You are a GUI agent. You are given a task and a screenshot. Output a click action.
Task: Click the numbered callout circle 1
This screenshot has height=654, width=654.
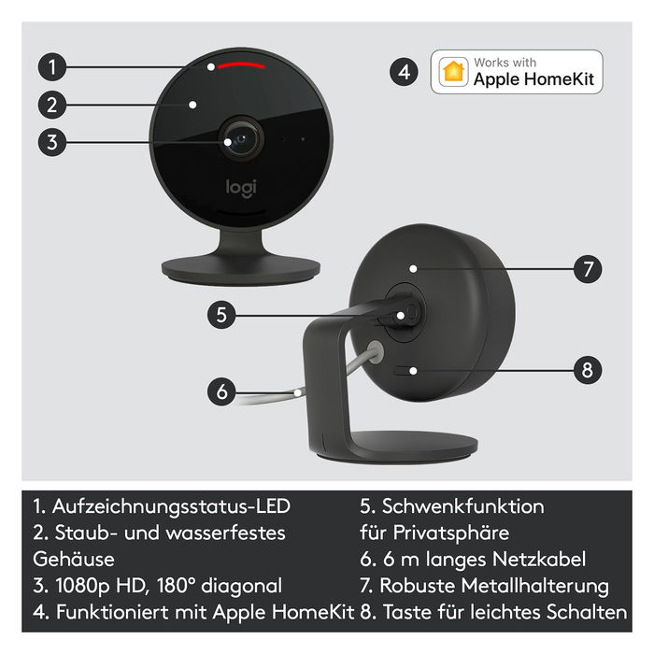tap(54, 66)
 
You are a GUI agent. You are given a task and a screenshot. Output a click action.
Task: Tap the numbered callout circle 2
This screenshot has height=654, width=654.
tap(54, 104)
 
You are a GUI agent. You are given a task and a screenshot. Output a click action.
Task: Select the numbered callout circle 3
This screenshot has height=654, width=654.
tap(54, 142)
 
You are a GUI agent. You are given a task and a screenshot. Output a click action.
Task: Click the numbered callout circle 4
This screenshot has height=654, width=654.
tap(403, 72)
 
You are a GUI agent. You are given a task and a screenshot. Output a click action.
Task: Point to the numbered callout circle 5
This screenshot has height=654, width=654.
tap(221, 315)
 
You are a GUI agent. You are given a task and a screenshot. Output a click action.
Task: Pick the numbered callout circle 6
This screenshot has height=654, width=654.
tap(221, 391)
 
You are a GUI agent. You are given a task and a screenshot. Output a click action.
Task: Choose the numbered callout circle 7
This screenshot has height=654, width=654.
tap(586, 270)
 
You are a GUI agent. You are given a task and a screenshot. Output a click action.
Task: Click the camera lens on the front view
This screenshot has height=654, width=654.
tap(241, 140)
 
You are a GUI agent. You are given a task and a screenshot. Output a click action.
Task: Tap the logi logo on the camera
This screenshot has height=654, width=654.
tap(241, 187)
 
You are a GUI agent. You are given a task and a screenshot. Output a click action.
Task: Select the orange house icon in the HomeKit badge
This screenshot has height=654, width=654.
tap(455, 72)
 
